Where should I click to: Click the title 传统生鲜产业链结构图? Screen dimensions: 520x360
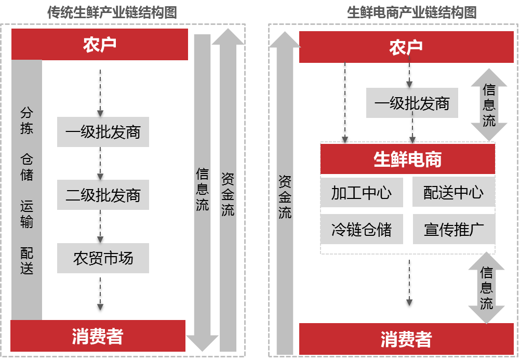[112, 12]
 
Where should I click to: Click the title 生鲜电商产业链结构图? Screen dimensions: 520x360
[412, 12]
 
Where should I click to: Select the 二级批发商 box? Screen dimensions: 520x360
[103, 195]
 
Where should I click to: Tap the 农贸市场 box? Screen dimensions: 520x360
[103, 258]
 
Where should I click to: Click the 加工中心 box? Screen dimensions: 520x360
[362, 193]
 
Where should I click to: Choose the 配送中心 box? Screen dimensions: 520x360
[454, 192]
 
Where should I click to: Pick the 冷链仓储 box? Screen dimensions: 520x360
[362, 229]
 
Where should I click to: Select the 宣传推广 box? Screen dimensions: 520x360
[454, 229]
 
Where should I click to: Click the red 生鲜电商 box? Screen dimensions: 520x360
[408, 159]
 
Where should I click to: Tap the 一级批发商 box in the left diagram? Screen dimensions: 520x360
[103, 132]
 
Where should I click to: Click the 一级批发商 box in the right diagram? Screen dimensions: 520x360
[412, 103]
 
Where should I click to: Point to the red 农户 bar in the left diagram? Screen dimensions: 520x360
[100, 45]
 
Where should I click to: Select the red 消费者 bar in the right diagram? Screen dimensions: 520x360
[406, 339]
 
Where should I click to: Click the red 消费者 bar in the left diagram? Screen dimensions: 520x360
[98, 336]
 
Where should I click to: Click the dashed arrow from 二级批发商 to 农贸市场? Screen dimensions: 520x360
[100, 226]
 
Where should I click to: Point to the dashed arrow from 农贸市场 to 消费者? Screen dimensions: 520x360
[100, 294]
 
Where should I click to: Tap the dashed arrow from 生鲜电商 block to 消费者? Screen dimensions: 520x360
[409, 283]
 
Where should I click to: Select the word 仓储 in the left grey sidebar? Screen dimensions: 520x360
[27, 167]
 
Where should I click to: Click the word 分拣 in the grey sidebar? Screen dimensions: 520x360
[27, 121]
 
